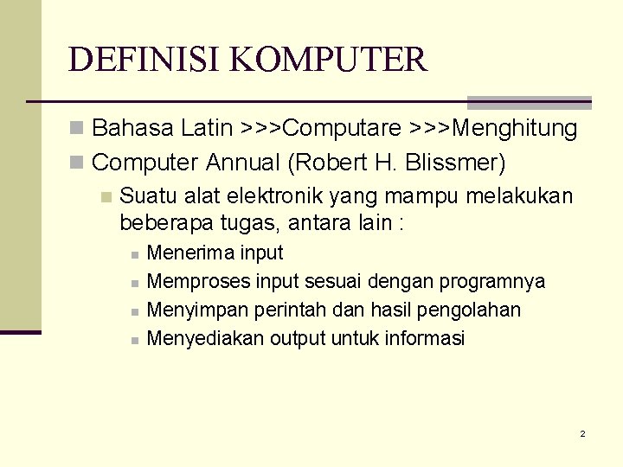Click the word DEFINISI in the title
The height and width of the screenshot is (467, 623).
pos(133,60)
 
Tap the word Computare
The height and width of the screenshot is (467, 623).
pos(343,129)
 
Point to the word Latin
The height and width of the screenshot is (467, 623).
pos(207,129)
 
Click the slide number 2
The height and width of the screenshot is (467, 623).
pos(582,433)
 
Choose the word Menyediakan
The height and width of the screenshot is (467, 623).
pos(205,338)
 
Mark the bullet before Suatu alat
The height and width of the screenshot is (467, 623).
pos(106,197)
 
